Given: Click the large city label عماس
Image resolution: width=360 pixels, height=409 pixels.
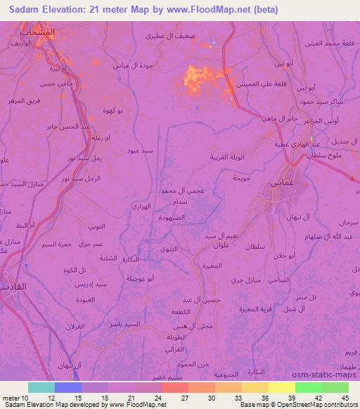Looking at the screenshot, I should pyautogui.click(x=281, y=183).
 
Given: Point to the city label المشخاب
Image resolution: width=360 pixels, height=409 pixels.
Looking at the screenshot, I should pyautogui.click(x=37, y=33).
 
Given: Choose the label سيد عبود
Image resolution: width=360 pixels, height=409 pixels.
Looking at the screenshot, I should pyautogui.click(x=140, y=150).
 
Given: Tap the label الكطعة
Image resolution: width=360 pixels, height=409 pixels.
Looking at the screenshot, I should pyautogui.click(x=181, y=311).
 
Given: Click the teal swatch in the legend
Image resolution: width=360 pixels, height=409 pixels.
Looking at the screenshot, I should pyautogui.click(x=41, y=387).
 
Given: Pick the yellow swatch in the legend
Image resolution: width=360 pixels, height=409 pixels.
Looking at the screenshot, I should pyautogui.click(x=281, y=387).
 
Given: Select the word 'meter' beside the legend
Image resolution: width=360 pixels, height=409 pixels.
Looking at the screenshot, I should pyautogui.click(x=10, y=399).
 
